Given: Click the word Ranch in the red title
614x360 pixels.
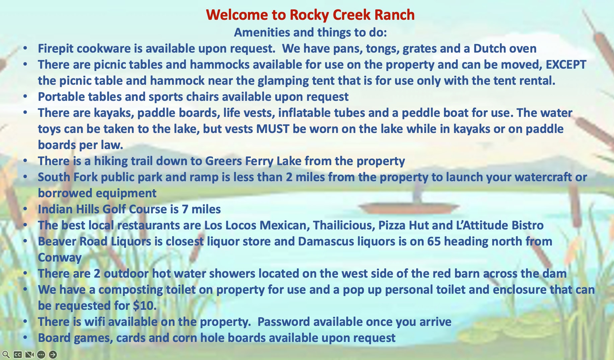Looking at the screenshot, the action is click(394, 15).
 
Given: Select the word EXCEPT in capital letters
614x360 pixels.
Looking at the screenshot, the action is click(566, 64).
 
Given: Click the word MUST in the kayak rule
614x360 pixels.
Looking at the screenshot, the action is click(273, 129).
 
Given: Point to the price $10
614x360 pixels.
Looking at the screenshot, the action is click(144, 306).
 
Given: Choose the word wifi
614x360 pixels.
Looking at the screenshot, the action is click(94, 322).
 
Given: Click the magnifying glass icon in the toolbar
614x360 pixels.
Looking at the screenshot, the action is click(6, 354).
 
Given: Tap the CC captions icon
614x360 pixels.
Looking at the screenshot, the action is click(18, 354).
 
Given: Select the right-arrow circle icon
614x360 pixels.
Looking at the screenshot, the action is click(53, 354).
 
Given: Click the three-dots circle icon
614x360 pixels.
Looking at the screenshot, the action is click(41, 354).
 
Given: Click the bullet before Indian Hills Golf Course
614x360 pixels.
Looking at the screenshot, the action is click(25, 209).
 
